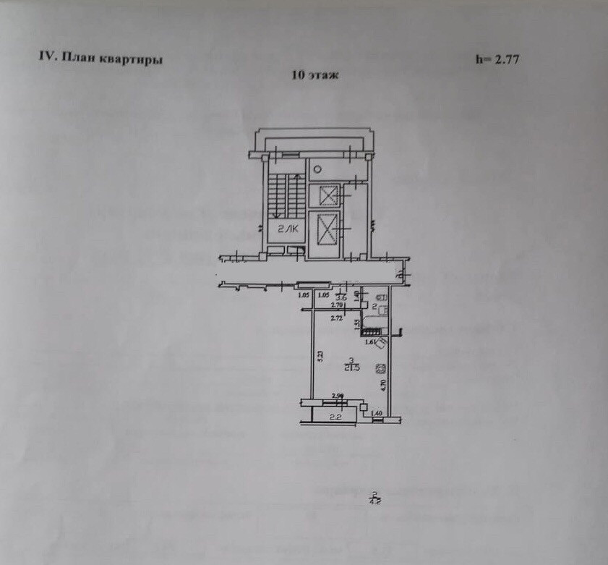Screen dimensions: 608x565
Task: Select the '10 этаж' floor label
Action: (x=315, y=75)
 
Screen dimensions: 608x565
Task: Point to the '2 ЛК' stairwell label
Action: (x=283, y=229)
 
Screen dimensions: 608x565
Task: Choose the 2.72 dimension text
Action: (x=336, y=318)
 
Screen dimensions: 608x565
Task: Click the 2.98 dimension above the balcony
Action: (x=337, y=396)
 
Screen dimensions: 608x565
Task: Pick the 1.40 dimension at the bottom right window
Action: (x=376, y=414)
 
